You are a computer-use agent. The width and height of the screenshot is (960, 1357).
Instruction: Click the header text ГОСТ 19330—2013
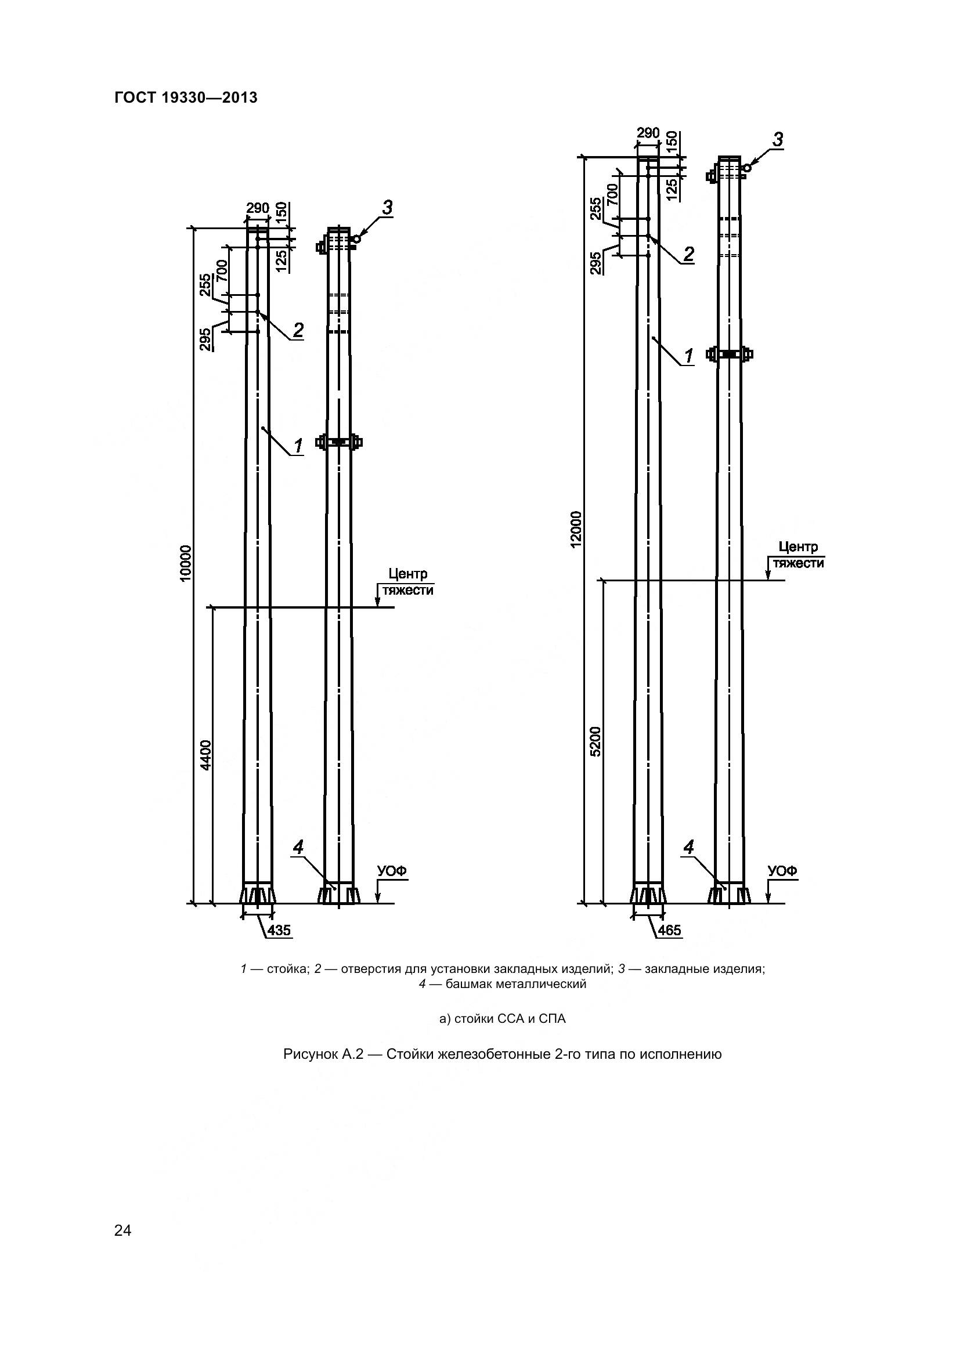click(x=186, y=98)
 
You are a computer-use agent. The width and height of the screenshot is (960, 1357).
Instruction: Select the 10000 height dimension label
click(x=186, y=563)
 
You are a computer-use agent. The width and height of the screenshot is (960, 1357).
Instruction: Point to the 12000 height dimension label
click(x=577, y=529)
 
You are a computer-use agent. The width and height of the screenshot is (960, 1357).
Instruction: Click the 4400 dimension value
click(x=205, y=755)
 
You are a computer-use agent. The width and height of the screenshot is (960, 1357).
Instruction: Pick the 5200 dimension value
click(x=596, y=741)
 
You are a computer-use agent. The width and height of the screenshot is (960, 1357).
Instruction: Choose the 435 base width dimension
click(x=279, y=930)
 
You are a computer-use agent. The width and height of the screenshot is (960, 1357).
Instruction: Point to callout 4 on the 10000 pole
click(x=298, y=848)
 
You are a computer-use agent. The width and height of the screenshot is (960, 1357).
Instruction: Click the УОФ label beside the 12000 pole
click(x=782, y=871)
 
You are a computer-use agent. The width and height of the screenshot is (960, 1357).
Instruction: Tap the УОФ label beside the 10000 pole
click(x=392, y=871)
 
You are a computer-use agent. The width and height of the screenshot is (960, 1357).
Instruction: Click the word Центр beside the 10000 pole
click(x=408, y=574)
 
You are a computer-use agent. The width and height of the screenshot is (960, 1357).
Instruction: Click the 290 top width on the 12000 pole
click(x=648, y=133)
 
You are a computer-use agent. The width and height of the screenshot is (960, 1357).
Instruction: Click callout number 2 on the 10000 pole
click(x=298, y=330)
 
